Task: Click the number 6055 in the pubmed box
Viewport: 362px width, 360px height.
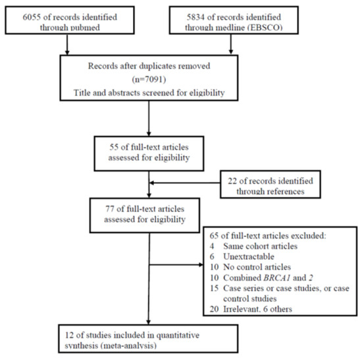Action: [x=31, y=17]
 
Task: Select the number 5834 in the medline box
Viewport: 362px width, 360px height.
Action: [x=195, y=17]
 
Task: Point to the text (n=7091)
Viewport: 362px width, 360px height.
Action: [x=149, y=80]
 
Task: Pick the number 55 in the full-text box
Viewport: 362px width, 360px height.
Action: [x=114, y=147]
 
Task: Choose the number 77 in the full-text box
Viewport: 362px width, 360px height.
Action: [x=110, y=209]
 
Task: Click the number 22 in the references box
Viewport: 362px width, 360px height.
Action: [x=232, y=181]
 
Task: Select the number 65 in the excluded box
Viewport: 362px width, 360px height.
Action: [x=215, y=236]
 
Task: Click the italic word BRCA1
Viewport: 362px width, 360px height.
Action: [x=277, y=278]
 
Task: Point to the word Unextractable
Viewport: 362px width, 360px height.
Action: [x=249, y=257]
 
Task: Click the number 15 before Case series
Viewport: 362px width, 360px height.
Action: [x=215, y=288]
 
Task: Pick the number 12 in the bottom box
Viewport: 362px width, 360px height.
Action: [x=69, y=335]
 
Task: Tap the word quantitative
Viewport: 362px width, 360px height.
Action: [x=178, y=335]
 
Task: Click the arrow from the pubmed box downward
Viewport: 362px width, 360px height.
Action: [x=67, y=45]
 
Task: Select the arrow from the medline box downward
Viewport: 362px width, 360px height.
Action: [x=230, y=45]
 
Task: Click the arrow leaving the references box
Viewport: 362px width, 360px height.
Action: [x=185, y=183]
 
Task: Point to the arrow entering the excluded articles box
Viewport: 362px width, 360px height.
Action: [x=176, y=265]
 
